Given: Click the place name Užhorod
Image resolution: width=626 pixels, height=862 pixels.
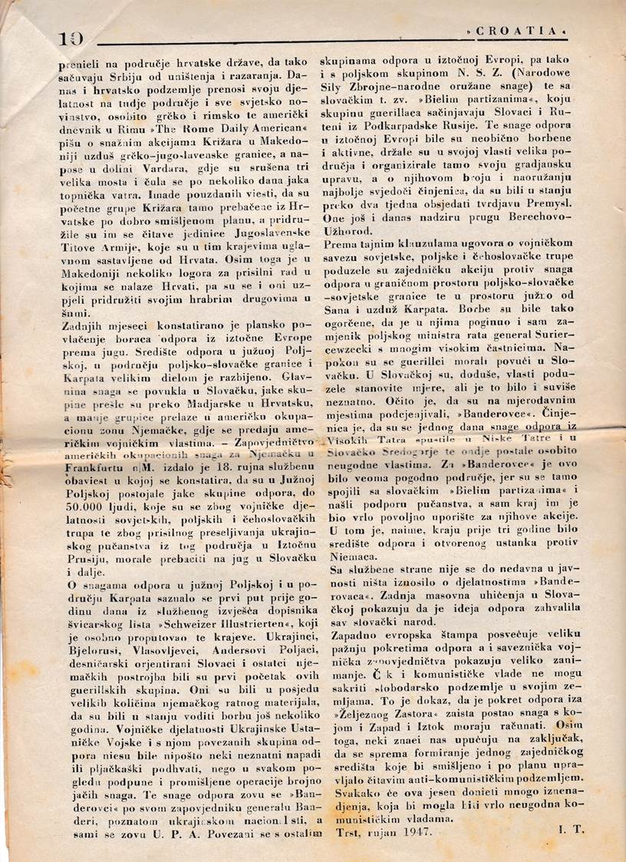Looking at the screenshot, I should (x=359, y=236).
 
